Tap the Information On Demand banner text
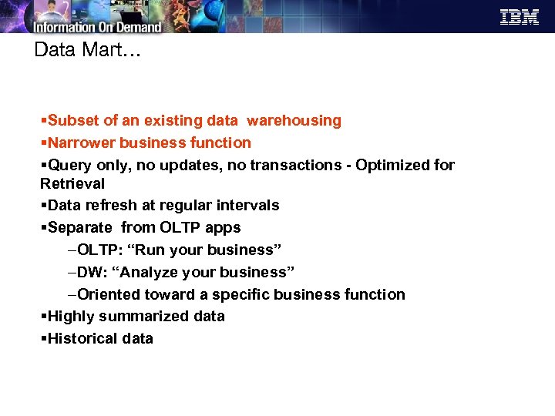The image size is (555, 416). tap(96, 25)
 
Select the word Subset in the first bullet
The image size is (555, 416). tap(73, 121)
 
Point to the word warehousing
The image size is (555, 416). tap(294, 121)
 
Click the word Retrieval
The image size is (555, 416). tap(72, 184)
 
